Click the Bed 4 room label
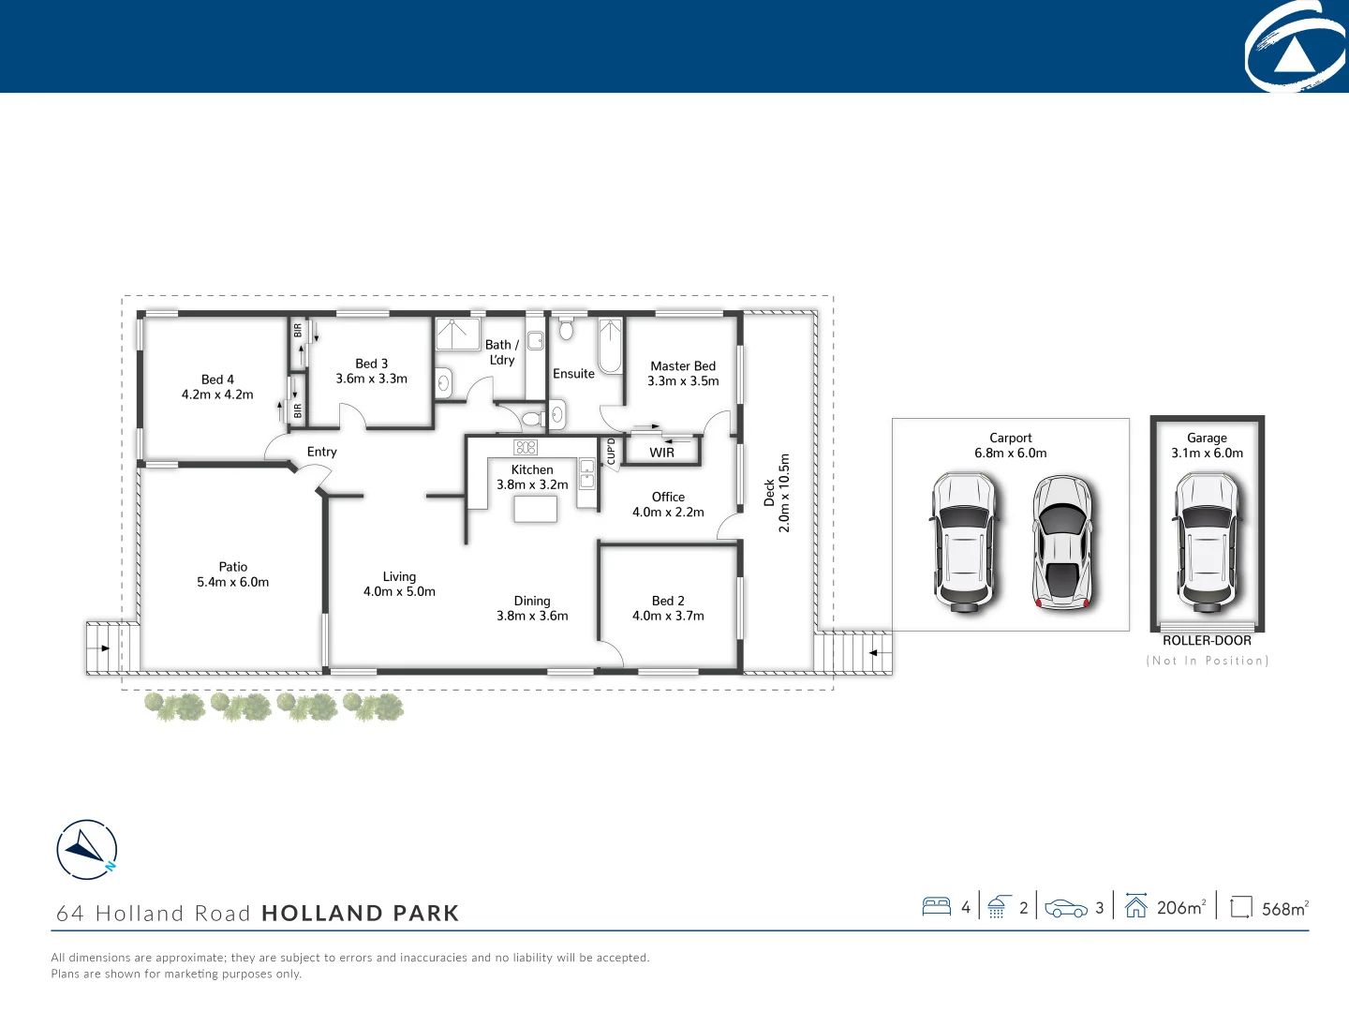pos(217,386)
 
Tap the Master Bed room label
pos(683,373)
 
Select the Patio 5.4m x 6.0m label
pos(232,573)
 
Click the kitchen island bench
pos(535,509)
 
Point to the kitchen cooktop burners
pos(526,447)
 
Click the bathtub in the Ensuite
pos(610,346)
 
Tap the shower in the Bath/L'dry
pos(457,335)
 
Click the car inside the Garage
pos(1207,541)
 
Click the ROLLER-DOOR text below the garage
pos(1207,641)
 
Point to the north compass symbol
pos(87,849)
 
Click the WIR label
pos(661,453)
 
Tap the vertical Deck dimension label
pos(777,493)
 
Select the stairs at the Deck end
pos(852,652)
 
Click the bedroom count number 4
pos(966,907)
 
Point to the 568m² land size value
pos(1284,908)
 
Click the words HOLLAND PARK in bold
pos(360,913)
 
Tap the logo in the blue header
pos(1296,47)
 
